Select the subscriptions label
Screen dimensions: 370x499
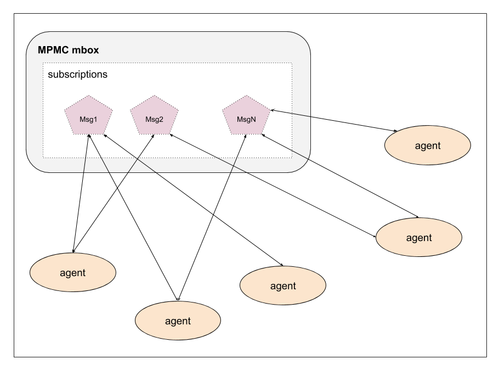[x=77, y=74]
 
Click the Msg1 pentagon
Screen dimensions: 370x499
[x=88, y=116]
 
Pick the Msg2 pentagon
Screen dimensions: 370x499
[x=154, y=116]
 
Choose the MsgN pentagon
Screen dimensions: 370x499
[x=246, y=116]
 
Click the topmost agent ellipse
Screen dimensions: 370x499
[x=428, y=145]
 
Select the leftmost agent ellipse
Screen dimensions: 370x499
[x=72, y=273]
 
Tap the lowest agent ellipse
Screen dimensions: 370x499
[x=178, y=321]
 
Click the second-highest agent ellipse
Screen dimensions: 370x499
[x=419, y=238]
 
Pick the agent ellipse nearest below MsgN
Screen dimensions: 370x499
[x=283, y=286]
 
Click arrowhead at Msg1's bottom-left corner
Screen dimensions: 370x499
[x=88, y=137]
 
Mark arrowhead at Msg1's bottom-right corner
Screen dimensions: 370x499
[x=104, y=135]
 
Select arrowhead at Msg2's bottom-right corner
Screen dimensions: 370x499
[x=171, y=134]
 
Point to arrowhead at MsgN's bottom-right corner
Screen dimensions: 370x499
[x=263, y=134]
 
